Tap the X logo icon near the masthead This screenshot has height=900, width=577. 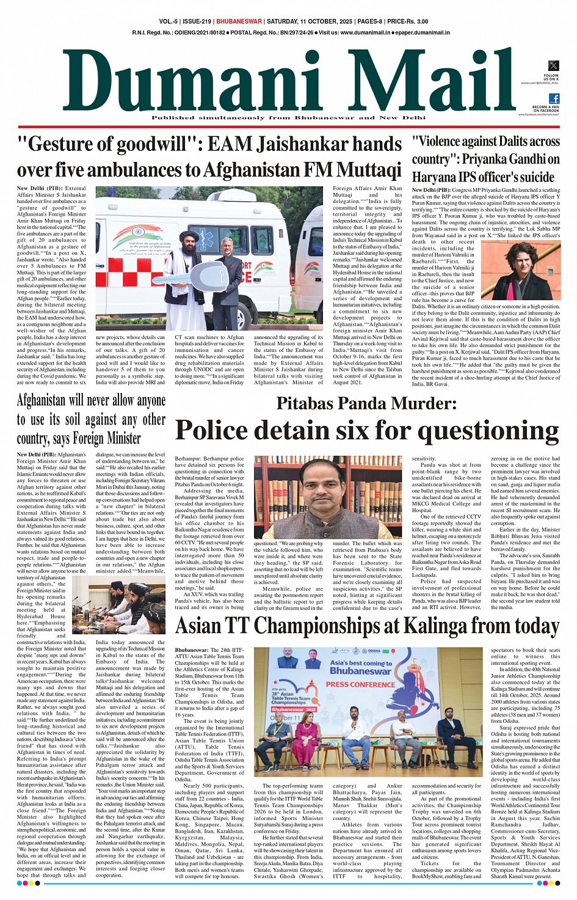(553, 66)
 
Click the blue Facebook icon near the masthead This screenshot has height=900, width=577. (553, 98)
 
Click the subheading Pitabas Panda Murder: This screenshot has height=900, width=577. (366, 403)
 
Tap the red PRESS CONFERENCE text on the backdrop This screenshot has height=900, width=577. (360, 684)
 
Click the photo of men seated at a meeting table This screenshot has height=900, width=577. (119, 607)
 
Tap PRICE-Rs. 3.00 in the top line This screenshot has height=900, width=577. (408, 21)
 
